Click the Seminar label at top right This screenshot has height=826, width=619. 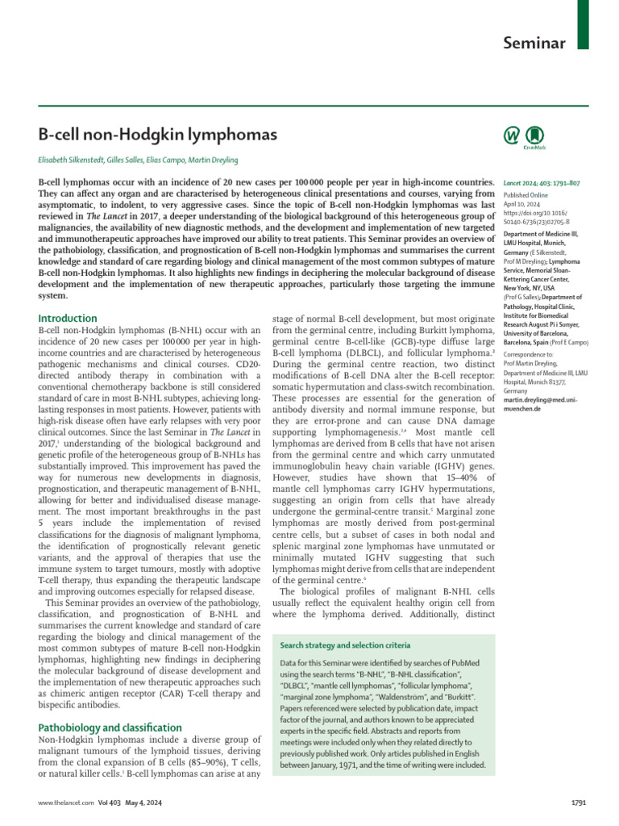tap(534, 42)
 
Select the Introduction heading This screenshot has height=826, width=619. tap(68, 319)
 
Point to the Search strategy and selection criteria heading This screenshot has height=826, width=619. tap(345, 646)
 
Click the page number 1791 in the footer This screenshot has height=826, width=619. tap(580, 803)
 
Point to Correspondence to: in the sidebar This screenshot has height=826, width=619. tap(529, 354)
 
